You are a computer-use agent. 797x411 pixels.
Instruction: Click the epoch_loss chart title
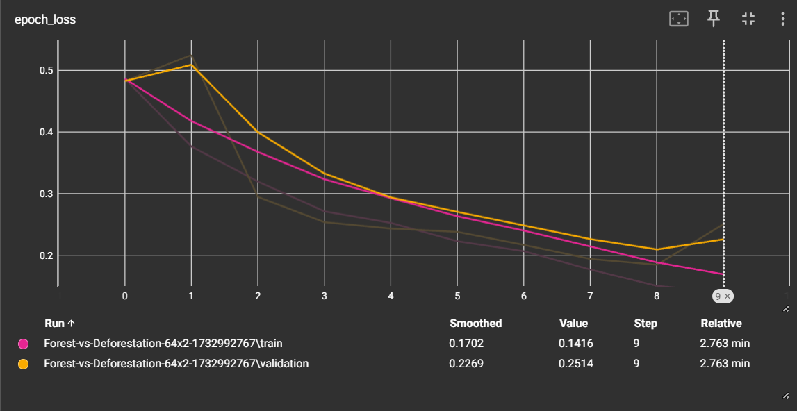45,20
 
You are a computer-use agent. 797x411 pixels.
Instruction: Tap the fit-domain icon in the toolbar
678,19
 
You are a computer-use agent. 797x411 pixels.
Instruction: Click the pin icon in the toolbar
714,19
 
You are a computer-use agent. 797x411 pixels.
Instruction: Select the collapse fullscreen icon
748,19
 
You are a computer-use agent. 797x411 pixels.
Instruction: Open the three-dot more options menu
783,19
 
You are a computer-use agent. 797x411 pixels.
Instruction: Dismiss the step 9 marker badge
728,296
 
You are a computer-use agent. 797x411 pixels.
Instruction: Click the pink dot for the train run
23,344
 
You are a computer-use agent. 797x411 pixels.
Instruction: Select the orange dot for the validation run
23,364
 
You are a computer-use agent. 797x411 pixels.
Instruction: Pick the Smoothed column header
475,324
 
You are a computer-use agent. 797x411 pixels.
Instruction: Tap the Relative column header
721,324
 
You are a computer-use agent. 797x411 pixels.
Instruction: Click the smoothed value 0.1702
465,344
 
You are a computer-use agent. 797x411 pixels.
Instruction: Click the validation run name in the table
176,364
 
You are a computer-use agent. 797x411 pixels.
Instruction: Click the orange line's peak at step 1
192,65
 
